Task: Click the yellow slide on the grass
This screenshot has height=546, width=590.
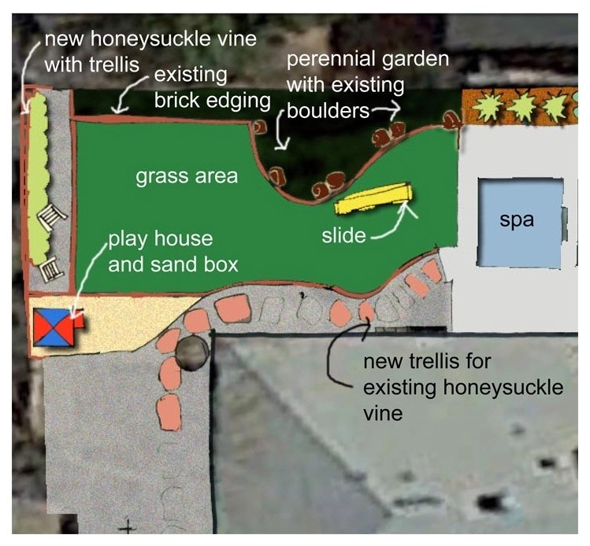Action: tap(373, 198)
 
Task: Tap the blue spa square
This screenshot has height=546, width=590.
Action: tap(521, 223)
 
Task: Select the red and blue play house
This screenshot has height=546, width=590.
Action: tap(57, 326)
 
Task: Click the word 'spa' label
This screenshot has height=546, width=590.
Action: tap(517, 220)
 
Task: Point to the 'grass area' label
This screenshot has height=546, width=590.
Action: tap(187, 176)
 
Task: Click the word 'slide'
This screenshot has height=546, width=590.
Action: tap(343, 235)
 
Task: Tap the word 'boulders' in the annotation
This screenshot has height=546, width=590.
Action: tap(328, 111)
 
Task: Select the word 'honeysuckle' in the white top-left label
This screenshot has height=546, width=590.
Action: tap(147, 40)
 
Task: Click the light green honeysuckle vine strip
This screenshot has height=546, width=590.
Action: tap(38, 179)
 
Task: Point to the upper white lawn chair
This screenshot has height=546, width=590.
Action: tap(51, 219)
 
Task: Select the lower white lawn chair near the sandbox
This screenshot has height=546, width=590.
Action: tap(50, 269)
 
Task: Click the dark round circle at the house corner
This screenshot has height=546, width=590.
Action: tap(192, 352)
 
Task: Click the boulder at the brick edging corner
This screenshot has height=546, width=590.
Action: tap(259, 127)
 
